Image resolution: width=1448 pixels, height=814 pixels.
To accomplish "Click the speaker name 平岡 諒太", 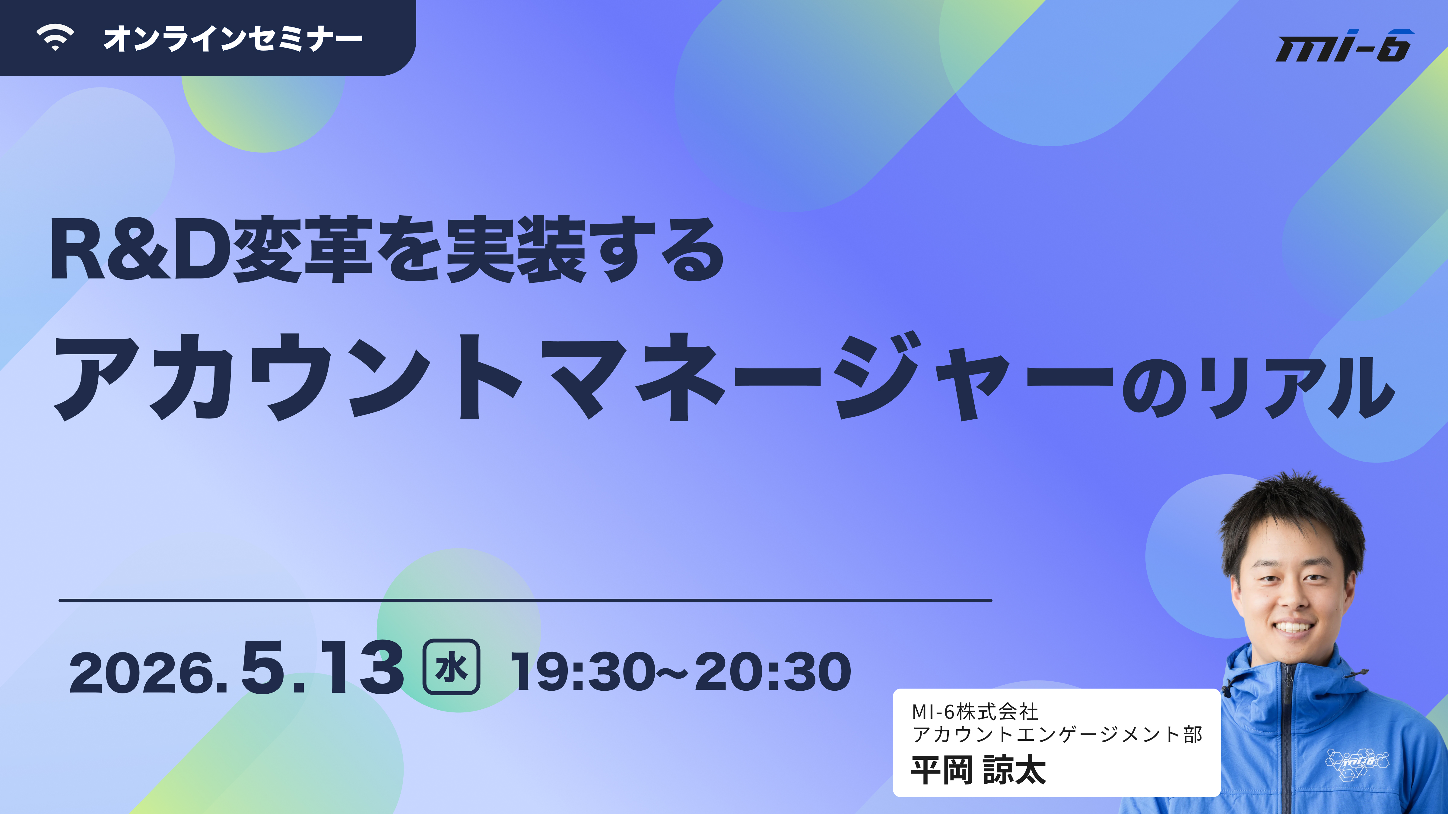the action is (x=978, y=770).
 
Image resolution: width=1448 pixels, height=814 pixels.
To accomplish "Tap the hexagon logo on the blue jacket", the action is (x=1357, y=763).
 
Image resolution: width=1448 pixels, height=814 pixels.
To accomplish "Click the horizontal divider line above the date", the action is (x=526, y=601).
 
